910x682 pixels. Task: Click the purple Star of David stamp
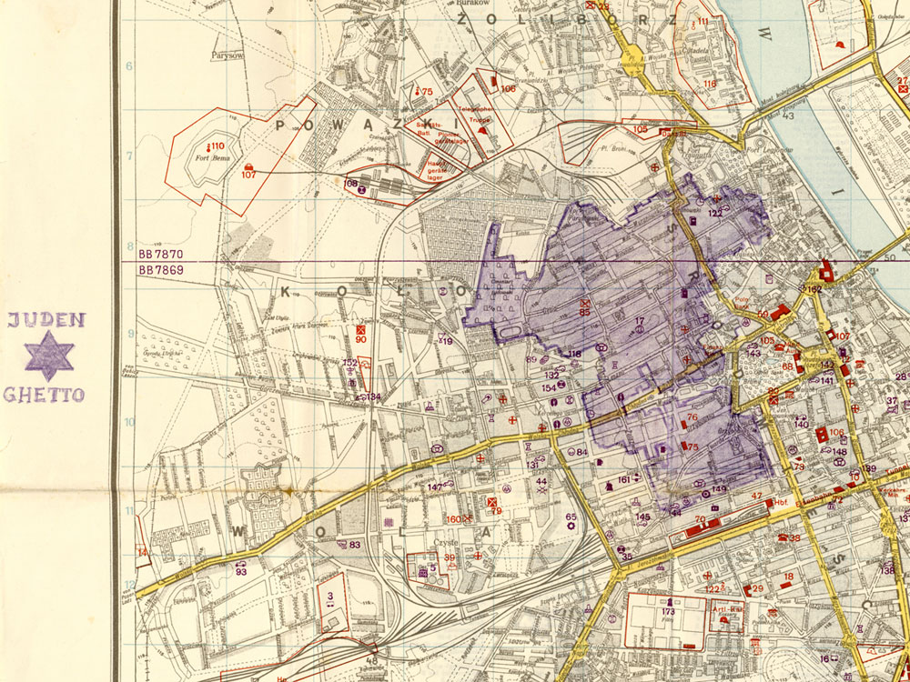[49, 356]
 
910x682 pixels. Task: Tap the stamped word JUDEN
[46, 319]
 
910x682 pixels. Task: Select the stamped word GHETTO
[44, 395]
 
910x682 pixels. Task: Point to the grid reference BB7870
[161, 254]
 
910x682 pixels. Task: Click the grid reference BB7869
[161, 270]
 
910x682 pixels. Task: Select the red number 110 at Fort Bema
[215, 146]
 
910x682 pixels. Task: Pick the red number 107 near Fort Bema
[248, 174]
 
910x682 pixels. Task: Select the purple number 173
[669, 612]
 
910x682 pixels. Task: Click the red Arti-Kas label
[728, 610]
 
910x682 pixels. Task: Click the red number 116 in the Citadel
[709, 84]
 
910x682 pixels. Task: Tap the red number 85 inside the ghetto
[584, 312]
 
